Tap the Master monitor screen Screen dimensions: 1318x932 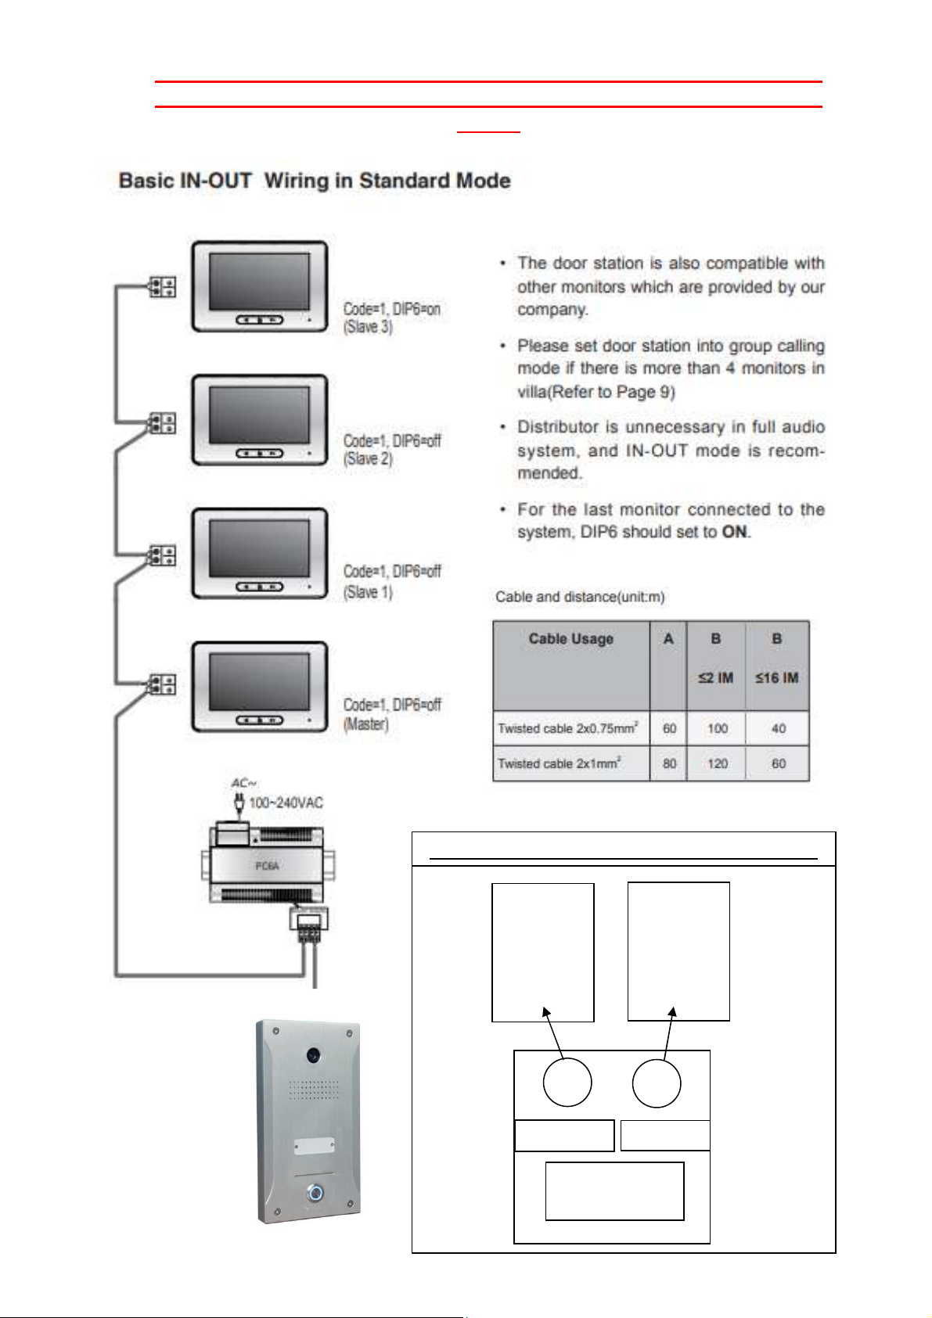click(x=259, y=681)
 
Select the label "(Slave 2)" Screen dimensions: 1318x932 click(x=368, y=459)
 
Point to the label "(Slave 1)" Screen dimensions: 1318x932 click(x=368, y=592)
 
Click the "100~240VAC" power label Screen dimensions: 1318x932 click(x=286, y=803)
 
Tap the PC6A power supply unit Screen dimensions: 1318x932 click(x=267, y=865)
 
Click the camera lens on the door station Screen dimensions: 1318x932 click(x=313, y=1054)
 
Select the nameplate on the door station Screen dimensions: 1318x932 click(x=314, y=1146)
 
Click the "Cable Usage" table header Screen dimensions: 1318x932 click(x=570, y=639)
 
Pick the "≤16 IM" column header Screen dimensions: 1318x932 click(x=776, y=677)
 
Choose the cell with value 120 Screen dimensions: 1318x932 click(x=717, y=763)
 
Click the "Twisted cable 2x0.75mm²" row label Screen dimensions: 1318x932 click(x=568, y=728)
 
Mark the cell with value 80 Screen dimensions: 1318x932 click(x=669, y=763)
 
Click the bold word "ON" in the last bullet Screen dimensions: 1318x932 click(x=735, y=532)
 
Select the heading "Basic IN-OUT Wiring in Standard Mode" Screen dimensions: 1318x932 click(x=315, y=181)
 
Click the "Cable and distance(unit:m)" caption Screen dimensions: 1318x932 click(x=580, y=597)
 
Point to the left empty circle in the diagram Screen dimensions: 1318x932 click(x=567, y=1082)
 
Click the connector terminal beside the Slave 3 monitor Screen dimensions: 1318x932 click(x=163, y=287)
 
